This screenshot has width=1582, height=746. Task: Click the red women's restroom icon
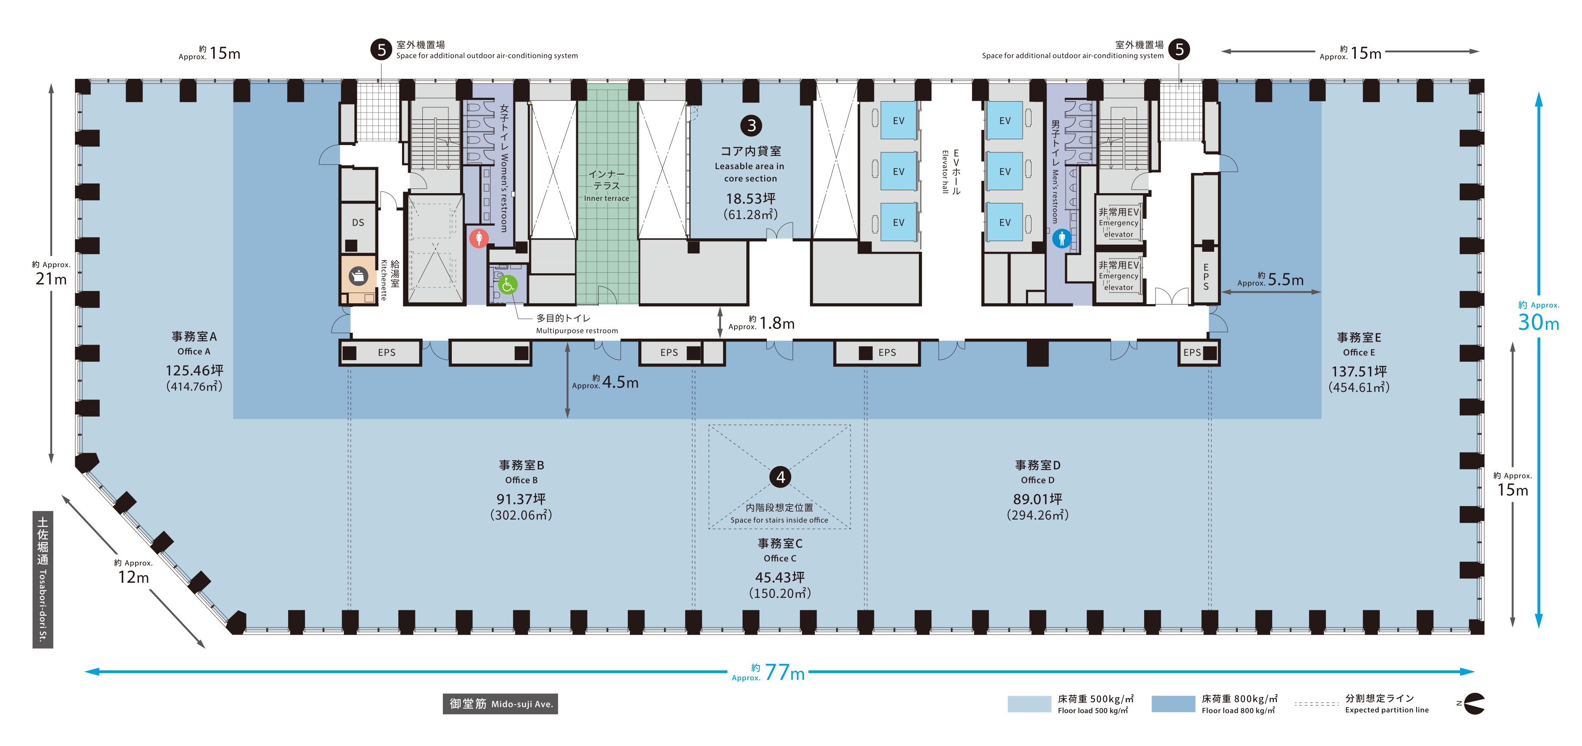point(479,237)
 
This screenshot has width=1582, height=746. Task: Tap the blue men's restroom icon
point(1062,237)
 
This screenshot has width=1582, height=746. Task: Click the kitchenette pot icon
point(359,276)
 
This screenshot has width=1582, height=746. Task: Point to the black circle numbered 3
point(751,125)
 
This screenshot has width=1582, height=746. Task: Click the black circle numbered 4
point(780,477)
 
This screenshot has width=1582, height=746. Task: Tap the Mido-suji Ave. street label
point(500,704)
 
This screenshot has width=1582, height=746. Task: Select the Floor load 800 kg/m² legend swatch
point(1173,704)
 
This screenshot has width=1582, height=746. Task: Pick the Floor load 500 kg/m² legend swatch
point(1029,704)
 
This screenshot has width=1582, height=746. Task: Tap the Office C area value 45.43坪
point(780,577)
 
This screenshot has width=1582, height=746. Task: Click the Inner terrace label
point(607,198)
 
